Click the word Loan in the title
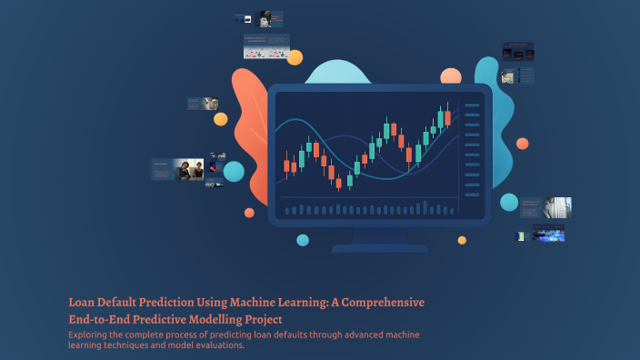[x=83, y=302]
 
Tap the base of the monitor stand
[x=379, y=247]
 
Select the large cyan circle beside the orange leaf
[x=234, y=171]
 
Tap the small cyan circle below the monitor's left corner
[x=303, y=240]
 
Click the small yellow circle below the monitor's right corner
[x=462, y=240]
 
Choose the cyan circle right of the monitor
[x=509, y=202]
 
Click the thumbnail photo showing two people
[x=188, y=169]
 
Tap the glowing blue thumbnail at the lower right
[x=550, y=235]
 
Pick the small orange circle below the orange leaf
[x=249, y=213]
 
